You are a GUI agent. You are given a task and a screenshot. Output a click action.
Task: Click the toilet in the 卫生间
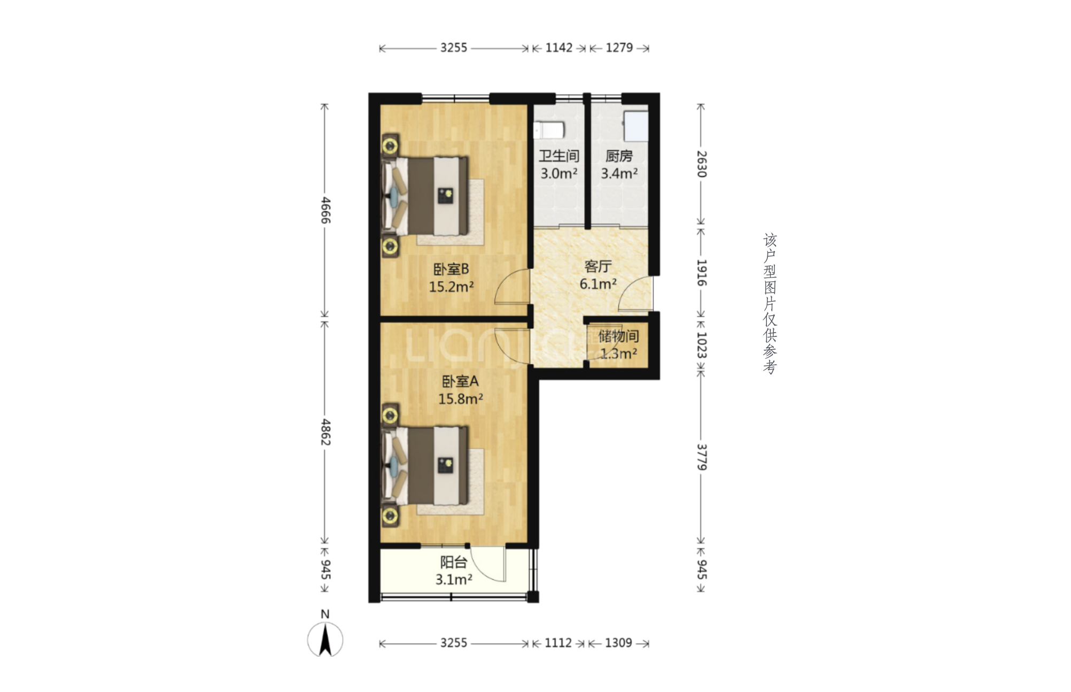pyautogui.click(x=549, y=130)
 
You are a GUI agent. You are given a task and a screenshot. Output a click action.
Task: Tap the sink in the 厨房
pyautogui.click(x=636, y=126)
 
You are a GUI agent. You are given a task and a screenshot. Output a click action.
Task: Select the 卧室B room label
pyautogui.click(x=451, y=269)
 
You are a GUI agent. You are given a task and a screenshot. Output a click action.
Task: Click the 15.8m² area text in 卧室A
pyautogui.click(x=461, y=399)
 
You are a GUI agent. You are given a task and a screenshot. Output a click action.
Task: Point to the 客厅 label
pyautogui.click(x=598, y=266)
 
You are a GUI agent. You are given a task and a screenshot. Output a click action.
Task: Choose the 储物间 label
pyautogui.click(x=618, y=336)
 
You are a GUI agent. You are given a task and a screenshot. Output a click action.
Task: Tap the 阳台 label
pyautogui.click(x=454, y=562)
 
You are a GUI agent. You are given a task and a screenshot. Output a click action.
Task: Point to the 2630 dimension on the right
pyautogui.click(x=702, y=164)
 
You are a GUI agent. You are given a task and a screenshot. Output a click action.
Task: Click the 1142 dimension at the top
pyautogui.click(x=559, y=48)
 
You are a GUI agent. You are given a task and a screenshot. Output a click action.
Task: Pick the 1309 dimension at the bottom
pyautogui.click(x=618, y=643)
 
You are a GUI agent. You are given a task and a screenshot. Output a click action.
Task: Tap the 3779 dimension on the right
pyautogui.click(x=702, y=457)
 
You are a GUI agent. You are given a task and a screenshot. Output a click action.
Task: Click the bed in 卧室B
pyautogui.click(x=425, y=196)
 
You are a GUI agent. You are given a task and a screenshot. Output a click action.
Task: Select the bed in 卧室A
pyautogui.click(x=425, y=466)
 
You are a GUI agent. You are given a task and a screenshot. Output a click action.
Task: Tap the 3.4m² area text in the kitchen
pyautogui.click(x=619, y=173)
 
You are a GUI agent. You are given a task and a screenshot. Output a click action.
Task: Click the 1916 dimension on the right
pyautogui.click(x=702, y=273)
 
